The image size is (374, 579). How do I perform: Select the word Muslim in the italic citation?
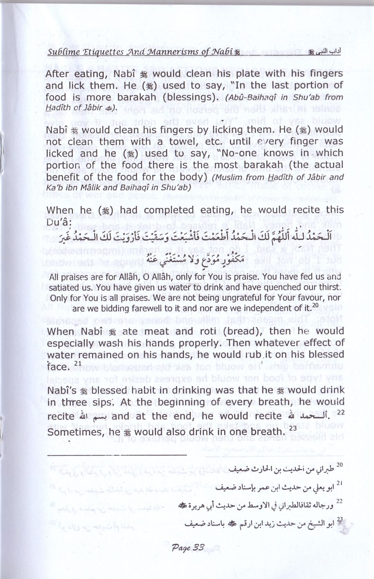coord(228,178)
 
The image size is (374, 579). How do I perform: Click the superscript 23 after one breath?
coord(293,428)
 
